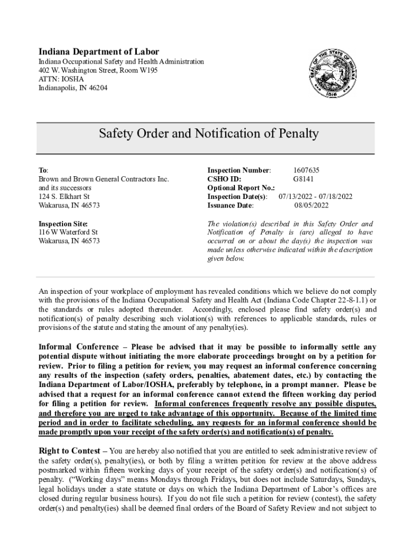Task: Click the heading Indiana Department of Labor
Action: point(99,52)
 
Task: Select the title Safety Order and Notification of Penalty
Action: point(209,134)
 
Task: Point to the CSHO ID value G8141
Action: point(303,179)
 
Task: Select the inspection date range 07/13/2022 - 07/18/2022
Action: point(315,197)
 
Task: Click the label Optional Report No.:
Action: point(241,188)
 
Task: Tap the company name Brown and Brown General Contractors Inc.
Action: point(103,179)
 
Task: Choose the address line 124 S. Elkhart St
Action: point(64,197)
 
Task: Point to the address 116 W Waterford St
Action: point(68,232)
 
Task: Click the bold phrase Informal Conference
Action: point(79,347)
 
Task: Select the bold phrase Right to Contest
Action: point(70,451)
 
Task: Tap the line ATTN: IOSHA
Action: point(61,79)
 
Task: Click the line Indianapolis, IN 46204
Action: point(73,87)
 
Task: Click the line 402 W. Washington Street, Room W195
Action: point(98,70)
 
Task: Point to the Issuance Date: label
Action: point(231,205)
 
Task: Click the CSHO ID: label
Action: point(224,179)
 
